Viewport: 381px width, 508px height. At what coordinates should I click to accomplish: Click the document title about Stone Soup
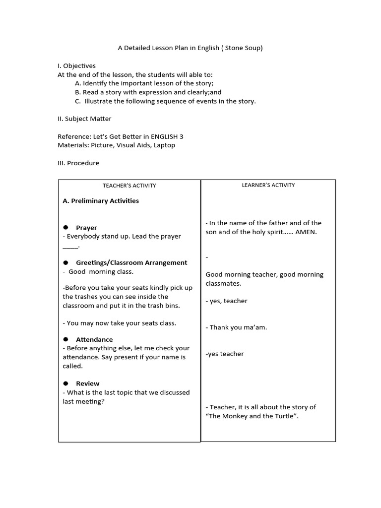[190, 48]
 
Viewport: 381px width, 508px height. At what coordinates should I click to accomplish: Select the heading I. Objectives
[77, 65]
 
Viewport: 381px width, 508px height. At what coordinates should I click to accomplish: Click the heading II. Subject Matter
[84, 119]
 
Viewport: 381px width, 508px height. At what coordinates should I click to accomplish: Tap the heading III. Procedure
[78, 163]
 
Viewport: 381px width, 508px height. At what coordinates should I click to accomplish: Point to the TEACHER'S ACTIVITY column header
[129, 186]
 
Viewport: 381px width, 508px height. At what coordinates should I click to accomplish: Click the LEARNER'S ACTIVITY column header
[268, 185]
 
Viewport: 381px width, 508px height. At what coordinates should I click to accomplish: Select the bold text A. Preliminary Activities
[101, 201]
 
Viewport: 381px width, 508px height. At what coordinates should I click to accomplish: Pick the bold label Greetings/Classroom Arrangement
[131, 262]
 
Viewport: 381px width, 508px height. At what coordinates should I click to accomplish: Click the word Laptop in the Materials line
[164, 145]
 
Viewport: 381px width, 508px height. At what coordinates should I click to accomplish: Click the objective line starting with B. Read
[148, 92]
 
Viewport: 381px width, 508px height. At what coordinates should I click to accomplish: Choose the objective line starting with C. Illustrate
[166, 101]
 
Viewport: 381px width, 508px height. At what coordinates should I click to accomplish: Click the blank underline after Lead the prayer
[70, 246]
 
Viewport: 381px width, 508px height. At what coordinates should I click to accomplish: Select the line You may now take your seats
[120, 323]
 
